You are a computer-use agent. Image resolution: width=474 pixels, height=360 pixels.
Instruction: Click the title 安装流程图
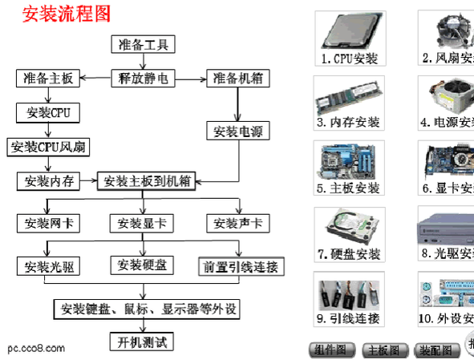click(x=66, y=14)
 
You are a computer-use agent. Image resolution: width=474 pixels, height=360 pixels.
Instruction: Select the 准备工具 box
click(x=142, y=45)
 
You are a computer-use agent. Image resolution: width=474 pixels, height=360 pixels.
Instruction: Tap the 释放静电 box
click(x=142, y=79)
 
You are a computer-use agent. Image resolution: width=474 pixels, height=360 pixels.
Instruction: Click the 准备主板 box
click(x=45, y=79)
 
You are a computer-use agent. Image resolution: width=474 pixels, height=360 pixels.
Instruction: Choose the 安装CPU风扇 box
click(x=49, y=147)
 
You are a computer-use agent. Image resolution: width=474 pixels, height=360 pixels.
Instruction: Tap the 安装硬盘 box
click(x=141, y=265)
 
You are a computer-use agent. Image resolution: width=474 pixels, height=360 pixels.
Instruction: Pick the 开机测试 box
click(x=141, y=342)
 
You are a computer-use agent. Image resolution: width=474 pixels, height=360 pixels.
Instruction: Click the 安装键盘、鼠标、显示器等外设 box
click(x=148, y=309)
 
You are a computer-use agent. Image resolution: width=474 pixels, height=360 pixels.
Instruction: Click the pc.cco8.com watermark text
click(x=37, y=349)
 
